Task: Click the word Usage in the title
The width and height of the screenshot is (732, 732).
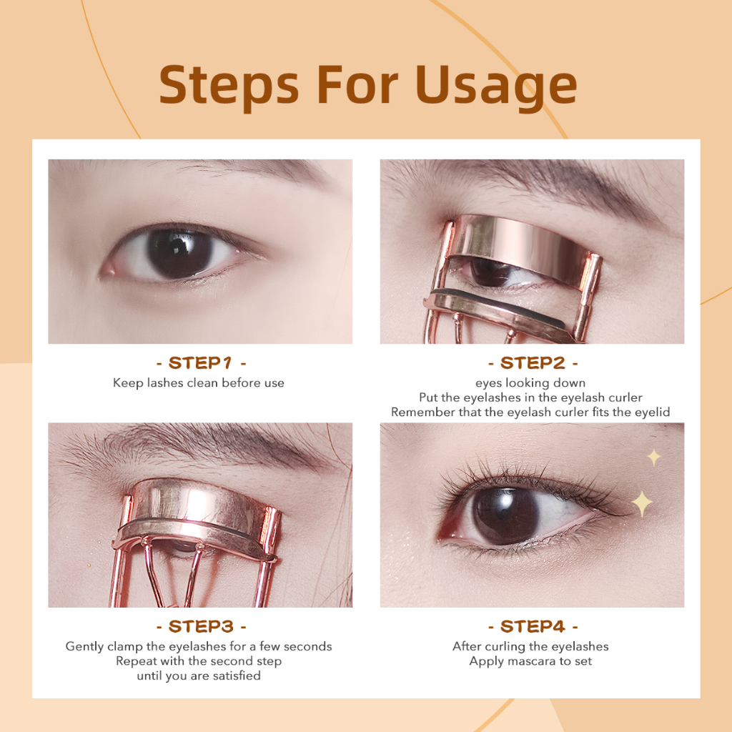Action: coord(496,86)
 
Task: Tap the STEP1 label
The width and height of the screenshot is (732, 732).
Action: coord(200,362)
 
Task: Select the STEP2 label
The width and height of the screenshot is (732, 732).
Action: coord(532,362)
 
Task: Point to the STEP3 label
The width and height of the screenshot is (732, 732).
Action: coord(201,626)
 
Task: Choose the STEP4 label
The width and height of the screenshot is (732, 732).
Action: coord(533,626)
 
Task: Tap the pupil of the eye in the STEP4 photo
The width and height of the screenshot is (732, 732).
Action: coord(505,515)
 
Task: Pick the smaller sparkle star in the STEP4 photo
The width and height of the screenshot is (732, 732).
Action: coord(654,458)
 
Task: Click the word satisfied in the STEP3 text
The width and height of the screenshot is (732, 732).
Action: coord(237,676)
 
